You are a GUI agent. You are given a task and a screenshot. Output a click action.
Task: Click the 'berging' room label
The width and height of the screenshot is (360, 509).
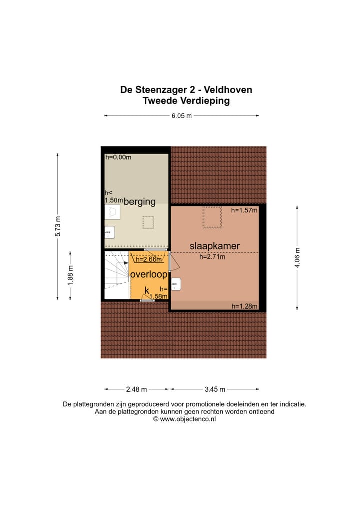140,202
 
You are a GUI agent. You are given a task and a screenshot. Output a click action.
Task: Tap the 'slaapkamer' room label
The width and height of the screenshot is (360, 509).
215,246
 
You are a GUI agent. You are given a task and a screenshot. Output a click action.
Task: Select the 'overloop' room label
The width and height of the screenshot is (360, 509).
148,275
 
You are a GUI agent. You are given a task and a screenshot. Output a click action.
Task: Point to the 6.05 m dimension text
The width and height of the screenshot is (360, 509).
182,116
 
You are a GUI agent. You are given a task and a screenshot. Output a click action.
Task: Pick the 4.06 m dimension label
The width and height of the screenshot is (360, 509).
297,258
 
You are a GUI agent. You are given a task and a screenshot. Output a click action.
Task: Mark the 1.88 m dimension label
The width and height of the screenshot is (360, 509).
70,275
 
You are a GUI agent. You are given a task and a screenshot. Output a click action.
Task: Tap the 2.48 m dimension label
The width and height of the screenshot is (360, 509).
136,389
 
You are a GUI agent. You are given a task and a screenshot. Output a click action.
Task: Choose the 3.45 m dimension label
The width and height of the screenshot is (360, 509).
215,389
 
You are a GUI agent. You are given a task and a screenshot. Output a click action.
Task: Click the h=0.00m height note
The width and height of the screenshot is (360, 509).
118,157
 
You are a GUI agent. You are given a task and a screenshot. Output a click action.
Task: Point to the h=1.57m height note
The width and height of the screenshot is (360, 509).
244,211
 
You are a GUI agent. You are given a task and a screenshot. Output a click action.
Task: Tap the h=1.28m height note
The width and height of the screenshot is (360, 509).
244,306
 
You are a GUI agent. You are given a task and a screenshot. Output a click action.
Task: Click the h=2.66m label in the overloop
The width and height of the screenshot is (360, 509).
149,259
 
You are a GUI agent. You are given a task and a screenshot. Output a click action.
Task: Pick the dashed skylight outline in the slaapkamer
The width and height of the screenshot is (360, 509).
212,217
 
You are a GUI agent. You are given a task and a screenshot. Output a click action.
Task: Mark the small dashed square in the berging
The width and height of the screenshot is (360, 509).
148,222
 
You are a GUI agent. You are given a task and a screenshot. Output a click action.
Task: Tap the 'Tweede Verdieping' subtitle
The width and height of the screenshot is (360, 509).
186,101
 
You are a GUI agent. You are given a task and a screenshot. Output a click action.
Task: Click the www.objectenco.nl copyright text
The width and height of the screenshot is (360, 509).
184,419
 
